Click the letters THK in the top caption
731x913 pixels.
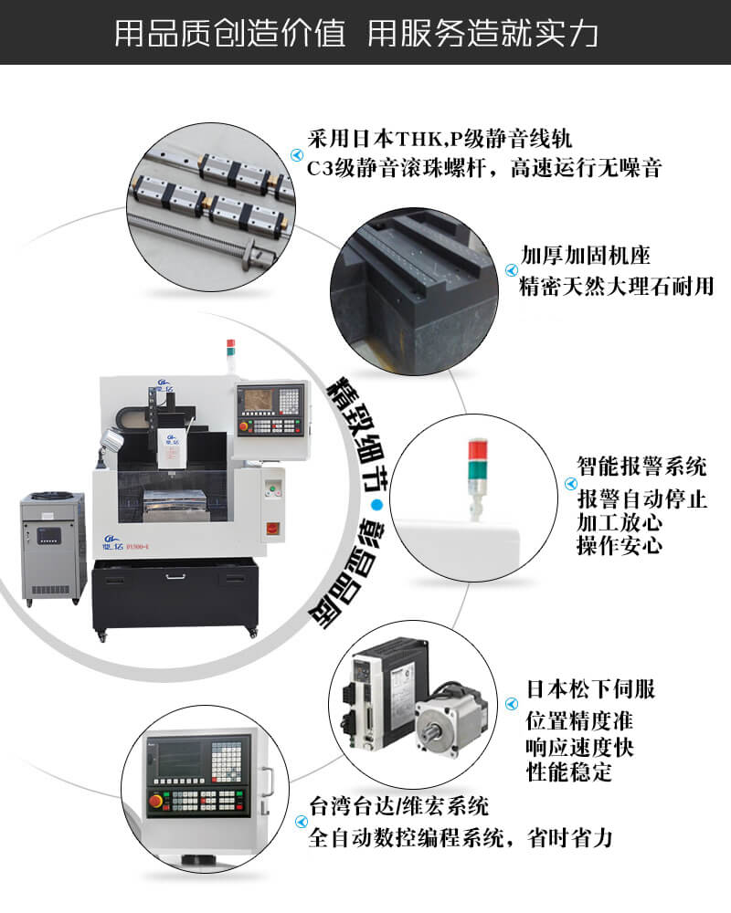[418, 140]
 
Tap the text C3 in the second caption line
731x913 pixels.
[320, 168]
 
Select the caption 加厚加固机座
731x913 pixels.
[586, 255]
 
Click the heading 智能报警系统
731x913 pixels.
[641, 466]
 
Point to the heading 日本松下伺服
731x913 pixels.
[590, 688]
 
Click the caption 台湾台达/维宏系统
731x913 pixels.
[398, 806]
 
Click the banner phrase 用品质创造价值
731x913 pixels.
[229, 32]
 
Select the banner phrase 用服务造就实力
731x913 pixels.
[482, 32]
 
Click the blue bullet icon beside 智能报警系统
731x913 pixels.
[570, 484]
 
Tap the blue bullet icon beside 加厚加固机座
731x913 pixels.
[511, 270]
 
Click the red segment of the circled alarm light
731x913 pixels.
[477, 449]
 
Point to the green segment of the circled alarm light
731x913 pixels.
[477, 468]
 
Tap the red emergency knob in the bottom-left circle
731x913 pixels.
[156, 801]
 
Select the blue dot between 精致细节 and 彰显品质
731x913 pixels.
[377, 505]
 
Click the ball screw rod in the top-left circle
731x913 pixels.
[201, 236]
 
